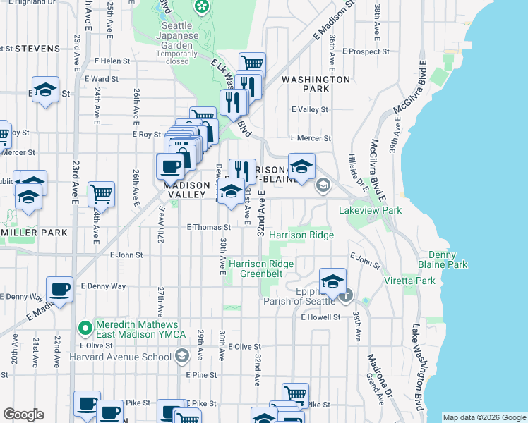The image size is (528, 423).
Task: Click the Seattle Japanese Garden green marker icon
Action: click(x=202, y=7)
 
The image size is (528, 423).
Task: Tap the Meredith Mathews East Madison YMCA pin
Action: click(x=85, y=328)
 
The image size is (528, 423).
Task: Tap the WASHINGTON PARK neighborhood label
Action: click(x=316, y=85)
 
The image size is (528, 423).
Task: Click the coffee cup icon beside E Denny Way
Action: click(x=59, y=288)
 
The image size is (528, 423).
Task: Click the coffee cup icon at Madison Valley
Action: click(x=170, y=167)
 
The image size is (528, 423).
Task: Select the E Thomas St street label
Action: click(x=208, y=227)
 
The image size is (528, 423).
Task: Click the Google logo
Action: click(x=23, y=414)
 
